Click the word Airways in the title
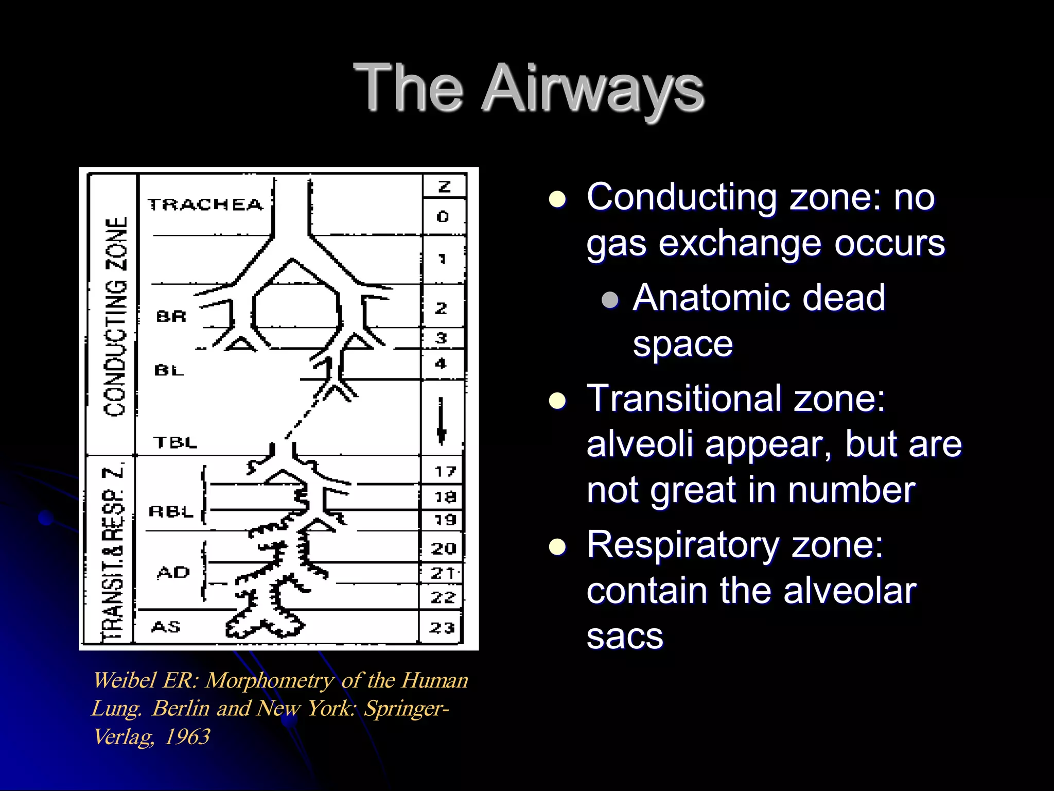tap(592, 89)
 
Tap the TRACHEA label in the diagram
tap(205, 204)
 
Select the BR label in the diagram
tap(171, 316)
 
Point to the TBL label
tap(175, 442)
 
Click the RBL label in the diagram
tap(171, 511)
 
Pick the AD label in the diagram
tap(173, 572)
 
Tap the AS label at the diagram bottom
tap(166, 627)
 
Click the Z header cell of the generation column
tap(444, 186)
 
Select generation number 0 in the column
tap(443, 216)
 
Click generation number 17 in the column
tap(445, 471)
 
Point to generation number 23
tap(443, 627)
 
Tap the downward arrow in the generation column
tap(441, 420)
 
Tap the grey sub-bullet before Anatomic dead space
tap(610, 299)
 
